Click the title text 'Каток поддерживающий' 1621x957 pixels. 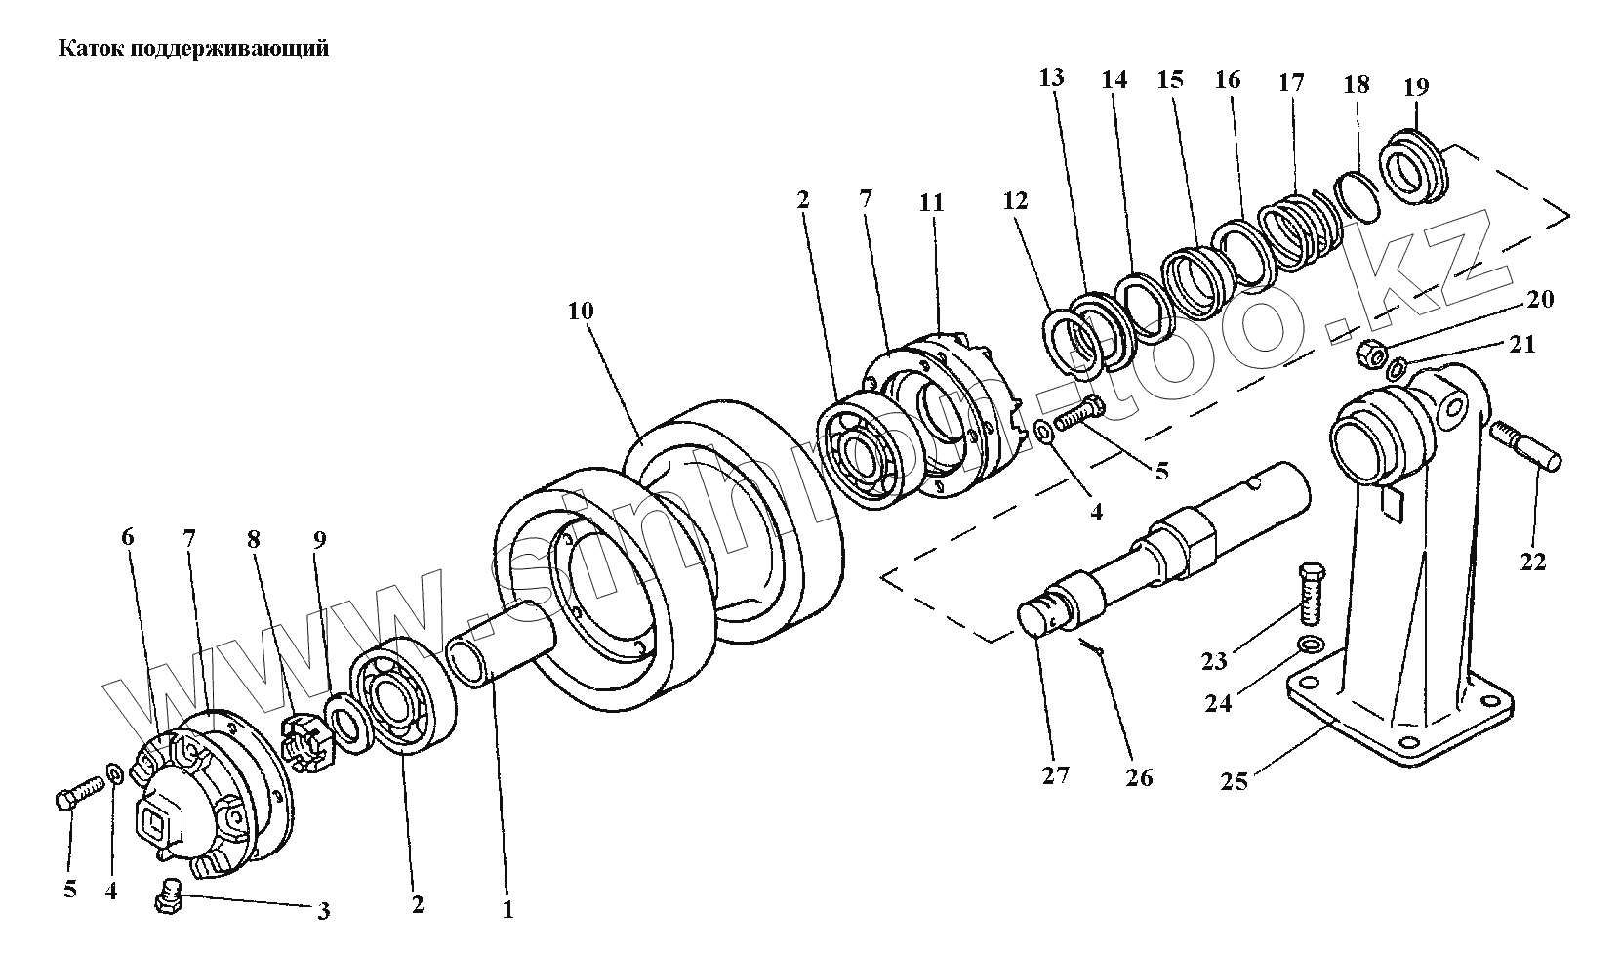[194, 49]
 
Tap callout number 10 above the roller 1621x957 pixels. [581, 312]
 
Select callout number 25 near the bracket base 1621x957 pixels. [1234, 782]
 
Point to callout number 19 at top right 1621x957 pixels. [1416, 87]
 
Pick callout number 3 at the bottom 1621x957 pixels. [323, 912]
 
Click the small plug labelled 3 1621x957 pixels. [169, 895]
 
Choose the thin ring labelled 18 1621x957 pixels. [1357, 194]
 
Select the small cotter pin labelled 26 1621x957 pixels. [1092, 648]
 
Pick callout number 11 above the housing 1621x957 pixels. [932, 202]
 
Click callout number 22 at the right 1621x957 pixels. [1533, 562]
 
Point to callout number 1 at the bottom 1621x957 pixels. [507, 911]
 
